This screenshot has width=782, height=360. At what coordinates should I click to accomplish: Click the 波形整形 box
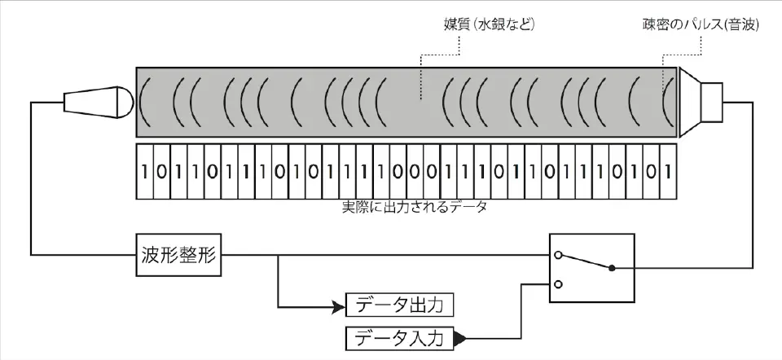174,255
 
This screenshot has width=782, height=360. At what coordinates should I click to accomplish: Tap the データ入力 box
398,336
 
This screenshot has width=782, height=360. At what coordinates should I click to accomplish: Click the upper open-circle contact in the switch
559,255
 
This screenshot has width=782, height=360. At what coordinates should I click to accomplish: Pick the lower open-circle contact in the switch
559,284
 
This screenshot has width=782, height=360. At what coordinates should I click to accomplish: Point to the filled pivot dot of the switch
612,268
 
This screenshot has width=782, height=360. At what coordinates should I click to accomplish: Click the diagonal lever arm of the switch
585,261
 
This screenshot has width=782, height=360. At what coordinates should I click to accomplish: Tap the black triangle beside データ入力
460,336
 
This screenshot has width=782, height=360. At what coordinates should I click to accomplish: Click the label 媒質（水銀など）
481,25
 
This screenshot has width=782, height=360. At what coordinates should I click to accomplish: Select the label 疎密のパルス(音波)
701,25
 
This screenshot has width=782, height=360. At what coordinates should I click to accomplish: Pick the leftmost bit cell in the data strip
144,172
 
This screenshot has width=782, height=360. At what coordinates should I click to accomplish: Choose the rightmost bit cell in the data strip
668,172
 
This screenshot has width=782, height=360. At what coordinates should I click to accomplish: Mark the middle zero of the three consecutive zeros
414,172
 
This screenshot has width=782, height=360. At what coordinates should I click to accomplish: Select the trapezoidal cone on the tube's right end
689,102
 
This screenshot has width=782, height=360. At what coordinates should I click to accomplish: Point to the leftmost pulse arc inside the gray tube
144,102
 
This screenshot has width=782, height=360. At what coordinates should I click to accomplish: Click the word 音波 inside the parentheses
743,25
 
